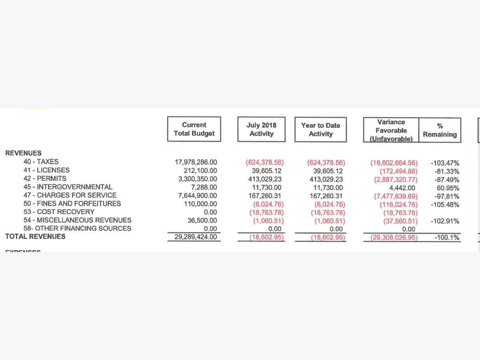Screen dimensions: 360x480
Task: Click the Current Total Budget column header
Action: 194,129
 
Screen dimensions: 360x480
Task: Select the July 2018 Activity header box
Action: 261,130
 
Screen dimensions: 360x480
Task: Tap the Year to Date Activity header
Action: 320,130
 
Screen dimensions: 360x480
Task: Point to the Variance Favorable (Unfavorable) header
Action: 391,130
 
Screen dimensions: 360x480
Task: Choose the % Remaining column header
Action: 440,130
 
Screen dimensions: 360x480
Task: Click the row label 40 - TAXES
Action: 41,162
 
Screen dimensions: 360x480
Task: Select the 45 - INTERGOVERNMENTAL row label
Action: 68,187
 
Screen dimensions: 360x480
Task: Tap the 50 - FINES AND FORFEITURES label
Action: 72,204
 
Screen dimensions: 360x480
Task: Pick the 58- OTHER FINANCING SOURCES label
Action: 77,228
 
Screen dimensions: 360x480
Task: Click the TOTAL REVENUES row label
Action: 35,236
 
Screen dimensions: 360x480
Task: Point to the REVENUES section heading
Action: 23,153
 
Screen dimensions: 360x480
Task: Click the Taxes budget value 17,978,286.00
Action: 196,162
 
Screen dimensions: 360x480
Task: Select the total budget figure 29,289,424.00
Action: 196,237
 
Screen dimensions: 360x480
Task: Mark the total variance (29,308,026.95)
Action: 392,238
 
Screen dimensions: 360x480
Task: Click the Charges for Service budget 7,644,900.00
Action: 198,196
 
